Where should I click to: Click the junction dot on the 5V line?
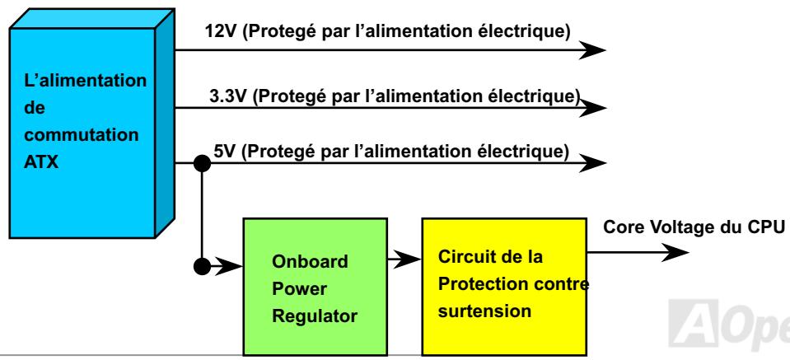click(200, 163)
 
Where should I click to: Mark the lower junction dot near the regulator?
click(200, 268)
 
